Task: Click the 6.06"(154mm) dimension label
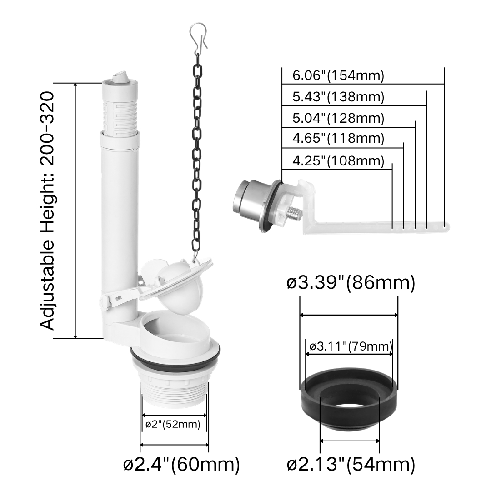[x=338, y=76]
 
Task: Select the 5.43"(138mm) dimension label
[x=338, y=97]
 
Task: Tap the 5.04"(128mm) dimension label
[x=338, y=118]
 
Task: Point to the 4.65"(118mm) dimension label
[x=338, y=138]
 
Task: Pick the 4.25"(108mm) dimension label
[x=338, y=161]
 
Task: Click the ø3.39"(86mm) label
[x=351, y=283]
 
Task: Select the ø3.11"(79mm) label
[x=351, y=346]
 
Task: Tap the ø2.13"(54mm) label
[x=351, y=464]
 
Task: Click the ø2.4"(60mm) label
[x=181, y=464]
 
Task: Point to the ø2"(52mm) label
[x=173, y=425]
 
